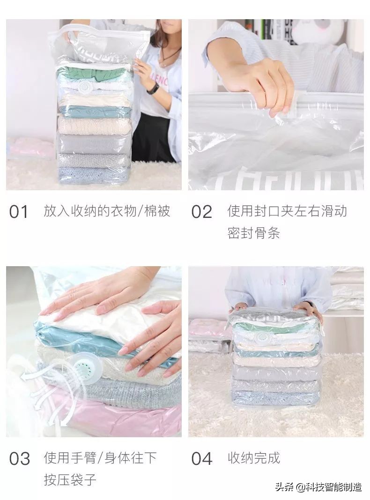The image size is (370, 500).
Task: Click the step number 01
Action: point(18,212)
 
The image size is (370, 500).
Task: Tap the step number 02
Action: point(201,212)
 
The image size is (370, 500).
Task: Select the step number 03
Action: point(20,459)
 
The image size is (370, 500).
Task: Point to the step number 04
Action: point(202,459)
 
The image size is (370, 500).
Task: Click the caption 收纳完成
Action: point(254,458)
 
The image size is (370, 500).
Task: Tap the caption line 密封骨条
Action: point(254,233)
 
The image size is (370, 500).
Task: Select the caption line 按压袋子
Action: point(70,479)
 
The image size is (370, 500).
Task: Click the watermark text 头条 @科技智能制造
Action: point(318,487)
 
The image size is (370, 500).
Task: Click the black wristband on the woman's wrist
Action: point(153,88)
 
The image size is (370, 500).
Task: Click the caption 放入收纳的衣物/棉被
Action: point(107,211)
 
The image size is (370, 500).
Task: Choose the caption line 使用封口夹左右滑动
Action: point(287,211)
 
